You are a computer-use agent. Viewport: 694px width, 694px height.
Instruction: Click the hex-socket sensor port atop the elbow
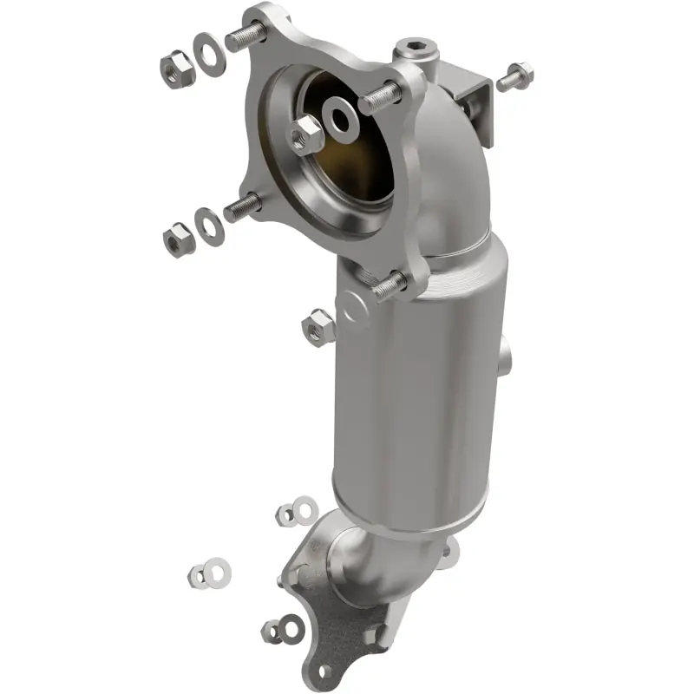tap(409, 48)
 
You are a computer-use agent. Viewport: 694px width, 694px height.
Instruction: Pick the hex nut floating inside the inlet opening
tap(305, 133)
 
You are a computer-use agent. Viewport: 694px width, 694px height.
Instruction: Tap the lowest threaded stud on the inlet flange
tap(390, 284)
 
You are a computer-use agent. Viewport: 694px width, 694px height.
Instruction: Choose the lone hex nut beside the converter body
tap(318, 326)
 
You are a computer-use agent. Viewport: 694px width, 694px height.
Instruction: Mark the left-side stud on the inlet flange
tap(244, 206)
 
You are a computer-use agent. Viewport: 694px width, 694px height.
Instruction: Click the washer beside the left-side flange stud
tap(209, 226)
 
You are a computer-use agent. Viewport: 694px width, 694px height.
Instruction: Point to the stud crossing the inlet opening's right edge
tap(380, 97)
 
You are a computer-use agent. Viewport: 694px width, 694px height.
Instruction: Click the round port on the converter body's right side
tap(505, 356)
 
